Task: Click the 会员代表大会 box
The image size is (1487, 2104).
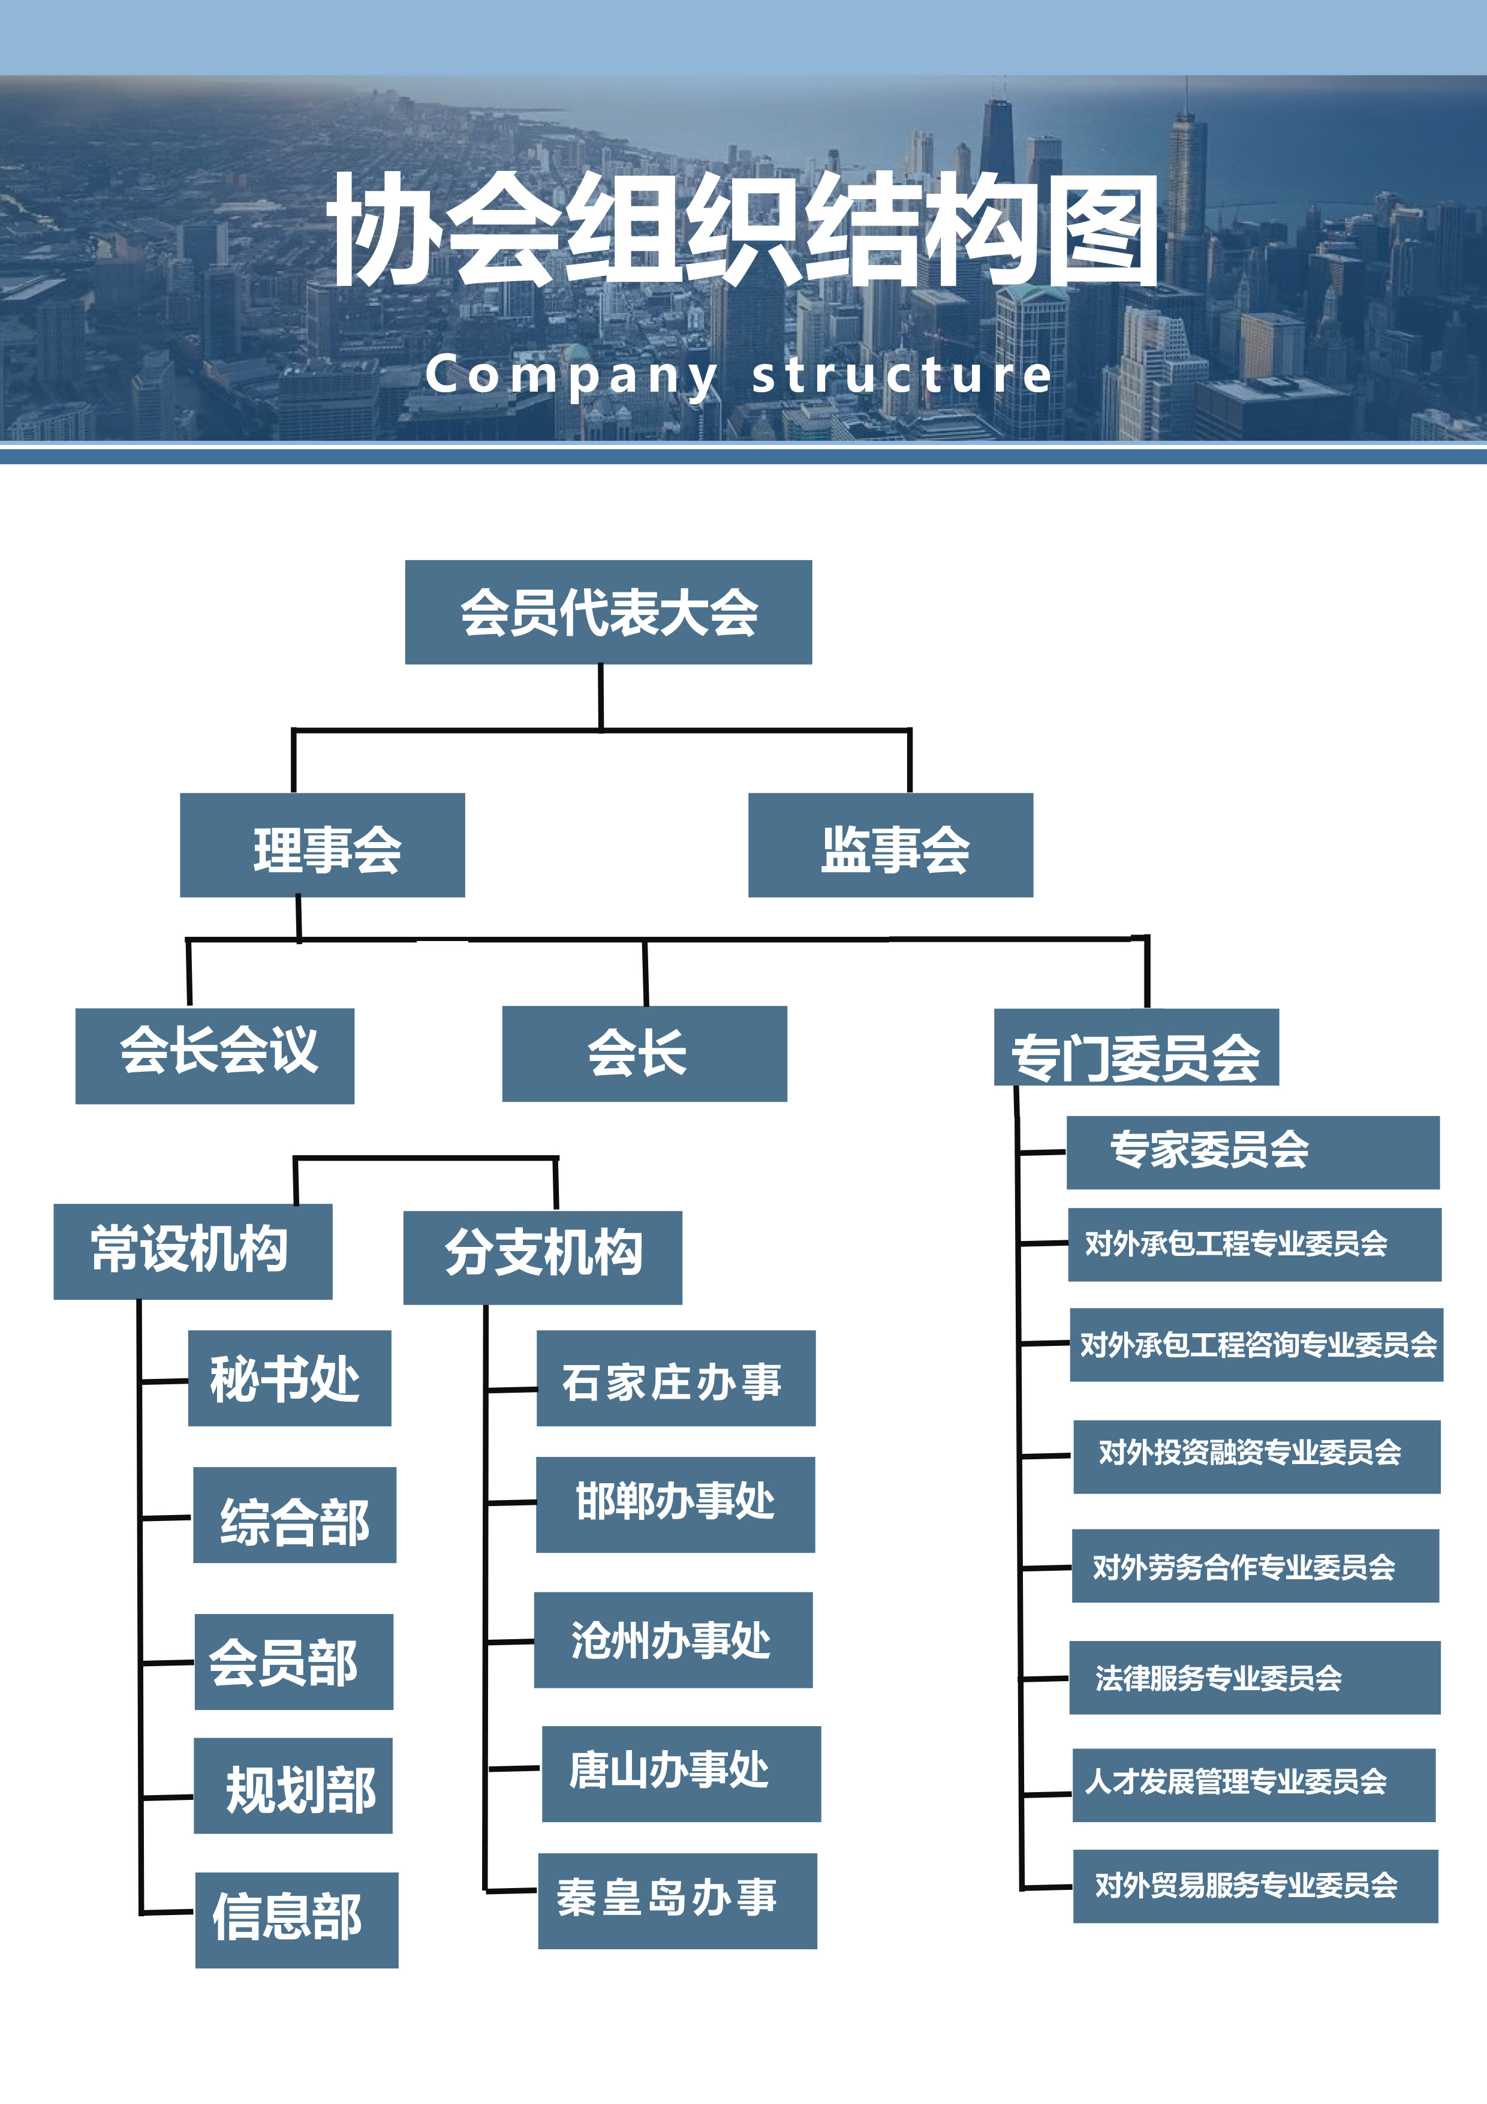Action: coord(609,612)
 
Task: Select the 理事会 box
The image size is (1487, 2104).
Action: coord(323,845)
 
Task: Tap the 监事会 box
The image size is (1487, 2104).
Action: coord(890,845)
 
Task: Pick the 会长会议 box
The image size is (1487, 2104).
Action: coord(215,1056)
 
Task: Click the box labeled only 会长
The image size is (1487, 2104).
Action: coord(644,1054)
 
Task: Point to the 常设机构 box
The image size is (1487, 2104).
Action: coord(192,1251)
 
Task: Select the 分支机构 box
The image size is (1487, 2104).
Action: coord(543,1257)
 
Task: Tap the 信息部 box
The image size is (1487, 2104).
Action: coord(297,1920)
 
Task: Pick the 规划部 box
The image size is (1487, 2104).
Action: coord(293,1785)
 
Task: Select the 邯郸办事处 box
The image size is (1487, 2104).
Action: coord(675,1505)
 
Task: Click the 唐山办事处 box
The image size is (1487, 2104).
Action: coord(681,1773)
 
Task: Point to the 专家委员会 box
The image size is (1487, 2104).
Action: coord(1253,1152)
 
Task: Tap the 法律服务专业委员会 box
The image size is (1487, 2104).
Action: coord(1254,1677)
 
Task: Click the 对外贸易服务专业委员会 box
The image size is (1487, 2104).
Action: coord(1255,1886)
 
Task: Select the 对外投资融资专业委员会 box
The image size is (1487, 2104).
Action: coord(1256,1456)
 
